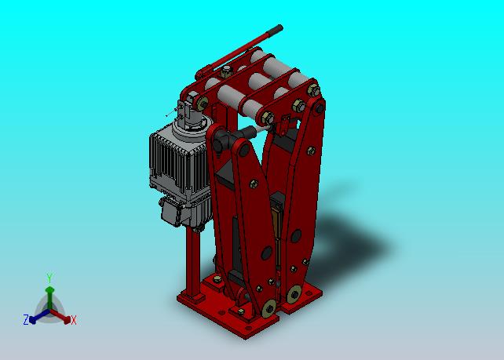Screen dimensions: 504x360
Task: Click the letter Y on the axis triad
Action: coord(49,278)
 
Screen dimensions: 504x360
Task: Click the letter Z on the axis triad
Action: coord(26,320)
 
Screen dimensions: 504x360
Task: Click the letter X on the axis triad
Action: coord(74,320)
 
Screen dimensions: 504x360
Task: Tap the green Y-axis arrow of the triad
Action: coord(49,298)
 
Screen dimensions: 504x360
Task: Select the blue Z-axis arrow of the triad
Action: coord(39,316)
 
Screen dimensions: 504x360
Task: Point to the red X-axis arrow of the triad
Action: coord(60,316)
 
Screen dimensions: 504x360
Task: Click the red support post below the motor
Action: coord(192,262)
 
